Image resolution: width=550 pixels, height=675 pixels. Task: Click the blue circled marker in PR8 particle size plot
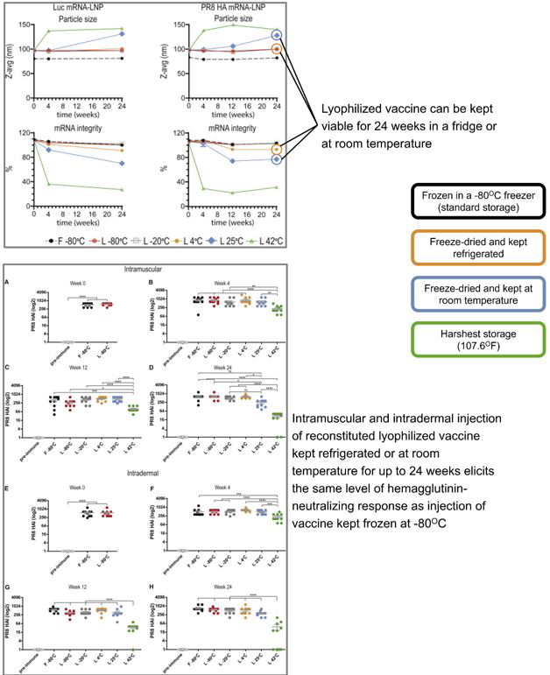[x=277, y=35]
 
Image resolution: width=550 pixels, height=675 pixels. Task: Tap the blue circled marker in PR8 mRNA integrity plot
[x=277, y=159]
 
